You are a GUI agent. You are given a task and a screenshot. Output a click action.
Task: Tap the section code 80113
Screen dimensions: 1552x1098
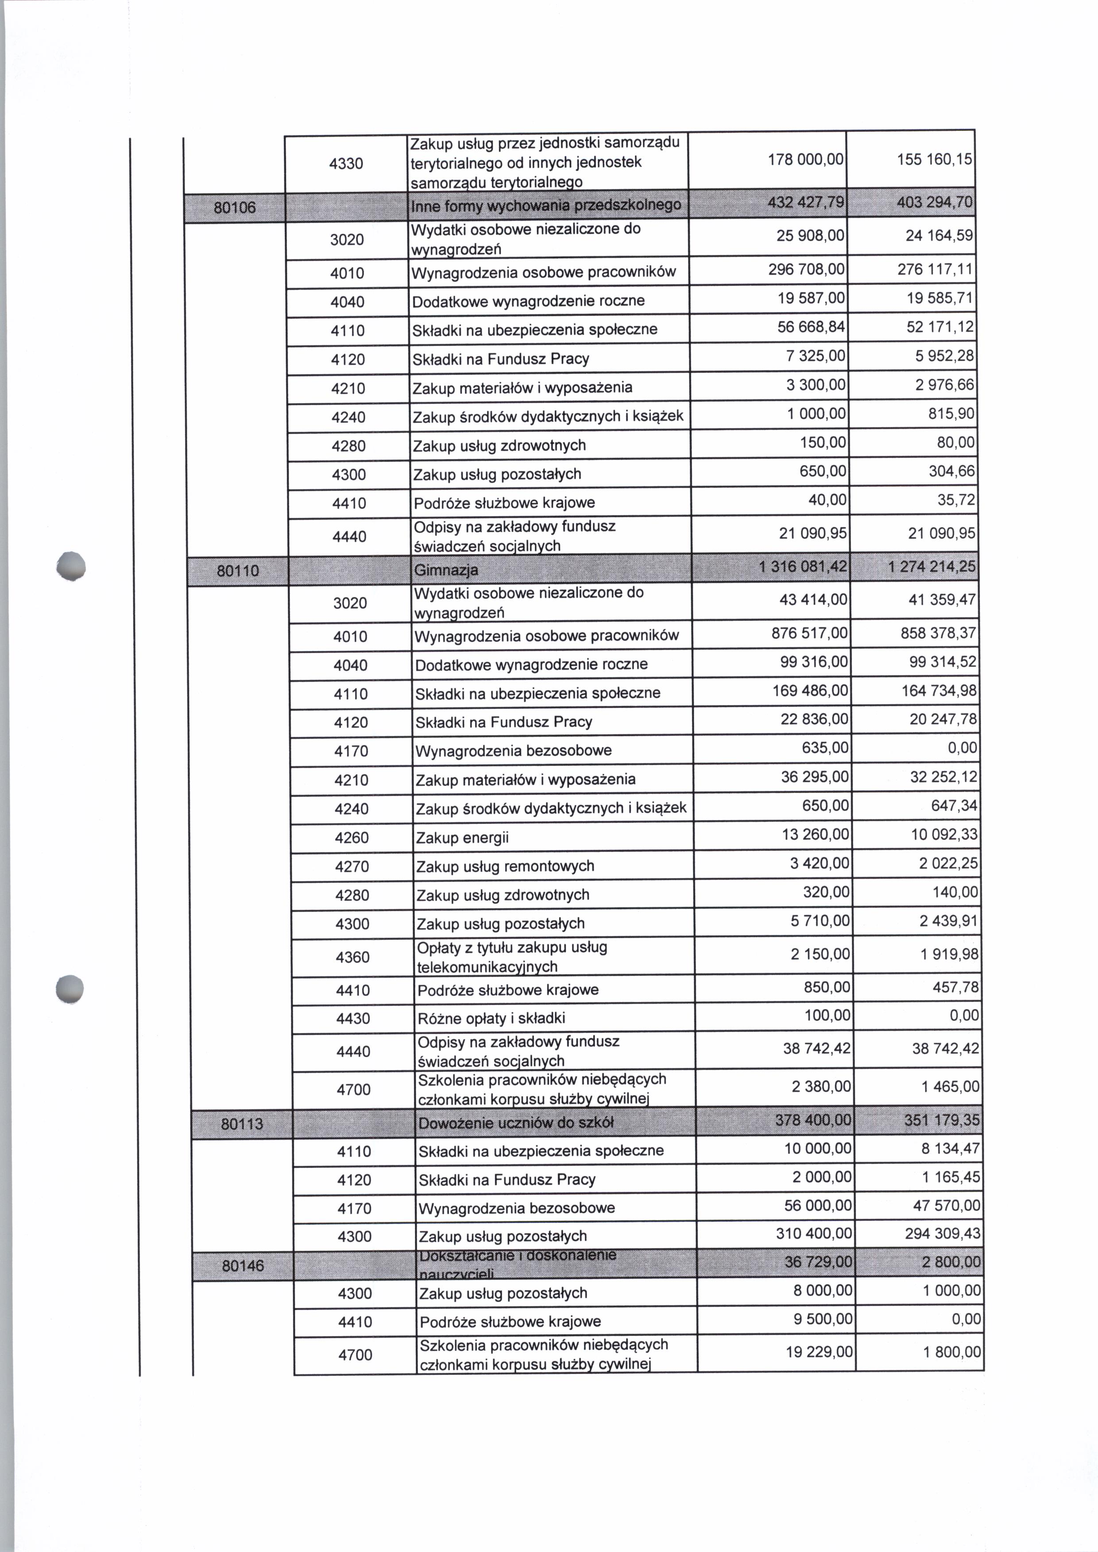pos(242,1124)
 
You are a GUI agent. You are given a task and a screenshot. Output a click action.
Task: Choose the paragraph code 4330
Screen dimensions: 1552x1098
pos(346,163)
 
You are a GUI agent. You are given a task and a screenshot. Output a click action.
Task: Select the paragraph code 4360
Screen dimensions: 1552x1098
pos(353,957)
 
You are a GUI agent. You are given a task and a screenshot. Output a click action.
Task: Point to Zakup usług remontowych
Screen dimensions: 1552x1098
pos(505,867)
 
